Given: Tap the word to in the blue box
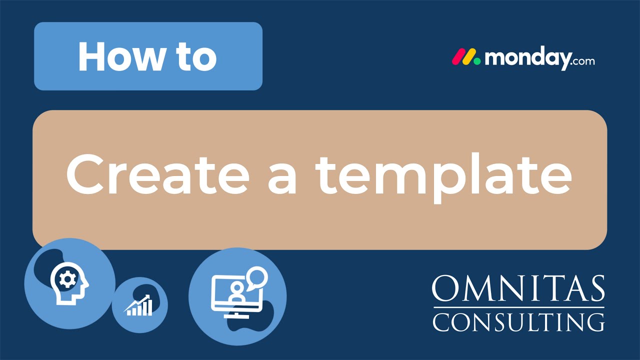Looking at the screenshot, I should pos(193,56).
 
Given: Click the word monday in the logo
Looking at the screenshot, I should pos(527,58).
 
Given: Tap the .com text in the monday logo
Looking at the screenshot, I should pos(582,61).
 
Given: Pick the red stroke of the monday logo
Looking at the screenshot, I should pos(458,57).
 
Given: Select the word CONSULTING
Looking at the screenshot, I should pos(518,321).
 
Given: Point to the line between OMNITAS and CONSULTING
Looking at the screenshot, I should pos(518,307).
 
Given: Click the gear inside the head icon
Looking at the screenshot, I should pos(65,279).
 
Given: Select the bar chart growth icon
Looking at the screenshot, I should pos(139,306).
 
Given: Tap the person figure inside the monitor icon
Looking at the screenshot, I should pos(234,295).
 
